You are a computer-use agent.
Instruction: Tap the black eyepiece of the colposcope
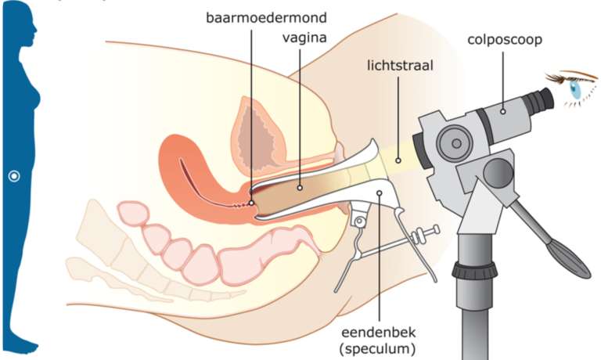coord(536,101)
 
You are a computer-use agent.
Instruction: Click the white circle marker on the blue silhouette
coord(13,176)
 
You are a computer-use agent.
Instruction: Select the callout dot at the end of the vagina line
coord(299,188)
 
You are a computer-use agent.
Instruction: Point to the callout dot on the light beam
coord(398,159)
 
